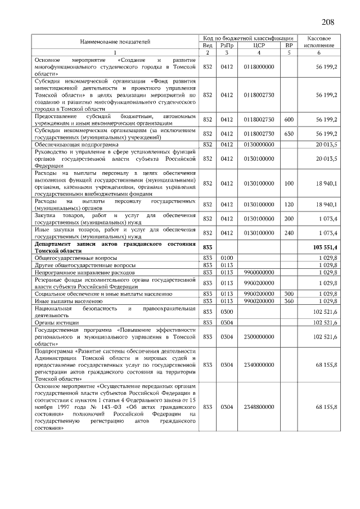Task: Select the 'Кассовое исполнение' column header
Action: [319, 41]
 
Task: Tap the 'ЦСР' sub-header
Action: [259, 45]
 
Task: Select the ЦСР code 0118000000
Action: [259, 66]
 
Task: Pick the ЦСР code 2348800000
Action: [259, 407]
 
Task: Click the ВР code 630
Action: [289, 134]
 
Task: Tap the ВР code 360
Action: [289, 301]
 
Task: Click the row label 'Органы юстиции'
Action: [56, 322]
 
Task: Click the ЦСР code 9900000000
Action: [259, 272]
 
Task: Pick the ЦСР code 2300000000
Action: [259, 336]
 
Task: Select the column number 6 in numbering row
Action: [319, 53]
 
